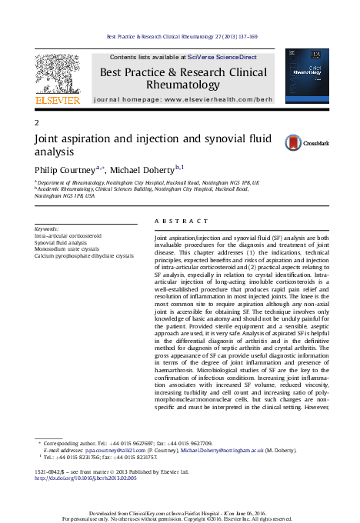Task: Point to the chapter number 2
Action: pyautogui.click(x=38, y=124)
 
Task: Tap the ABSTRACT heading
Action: pyautogui.click(x=177, y=221)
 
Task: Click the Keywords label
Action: pyautogui.click(x=47, y=229)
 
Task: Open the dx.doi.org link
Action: pyautogui.click(x=86, y=478)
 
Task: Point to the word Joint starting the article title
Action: pyautogui.click(x=49, y=141)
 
